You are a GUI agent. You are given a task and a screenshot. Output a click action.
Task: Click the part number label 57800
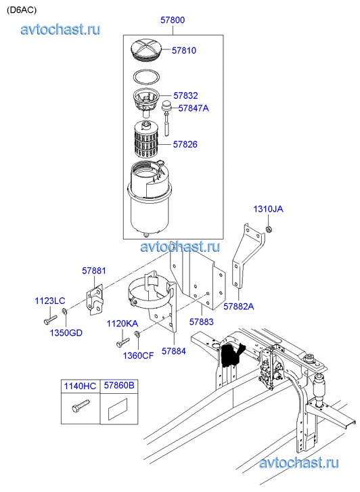pos(173,20)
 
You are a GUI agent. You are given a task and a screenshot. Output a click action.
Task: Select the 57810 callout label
pos(184,51)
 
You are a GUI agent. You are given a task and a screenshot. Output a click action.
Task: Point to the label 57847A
pos(194,108)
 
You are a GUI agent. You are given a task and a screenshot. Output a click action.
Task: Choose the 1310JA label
pos(268,209)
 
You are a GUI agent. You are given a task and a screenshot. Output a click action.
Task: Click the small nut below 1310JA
pos(269,229)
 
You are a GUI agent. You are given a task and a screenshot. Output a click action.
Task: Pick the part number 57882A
pos(239,307)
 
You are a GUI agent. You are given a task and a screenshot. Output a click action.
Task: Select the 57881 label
pos(94,271)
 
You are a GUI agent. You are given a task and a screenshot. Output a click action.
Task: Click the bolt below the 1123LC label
pos(50,320)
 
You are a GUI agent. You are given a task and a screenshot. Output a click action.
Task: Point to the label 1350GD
pos(66,332)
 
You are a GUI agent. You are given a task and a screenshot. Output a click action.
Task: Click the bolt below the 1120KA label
pos(122,342)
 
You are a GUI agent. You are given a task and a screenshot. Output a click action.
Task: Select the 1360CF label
pos(138,355)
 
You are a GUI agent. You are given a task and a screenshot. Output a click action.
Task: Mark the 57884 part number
pos(173,351)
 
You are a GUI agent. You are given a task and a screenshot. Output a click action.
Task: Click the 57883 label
pos(201,321)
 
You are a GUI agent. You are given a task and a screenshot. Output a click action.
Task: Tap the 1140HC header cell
pos(81,386)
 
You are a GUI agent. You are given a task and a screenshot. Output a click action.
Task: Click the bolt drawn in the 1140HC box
pos(81,405)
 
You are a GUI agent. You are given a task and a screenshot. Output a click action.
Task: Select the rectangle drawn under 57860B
pos(118,409)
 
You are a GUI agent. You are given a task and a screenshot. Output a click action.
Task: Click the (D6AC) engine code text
pos(22,10)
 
